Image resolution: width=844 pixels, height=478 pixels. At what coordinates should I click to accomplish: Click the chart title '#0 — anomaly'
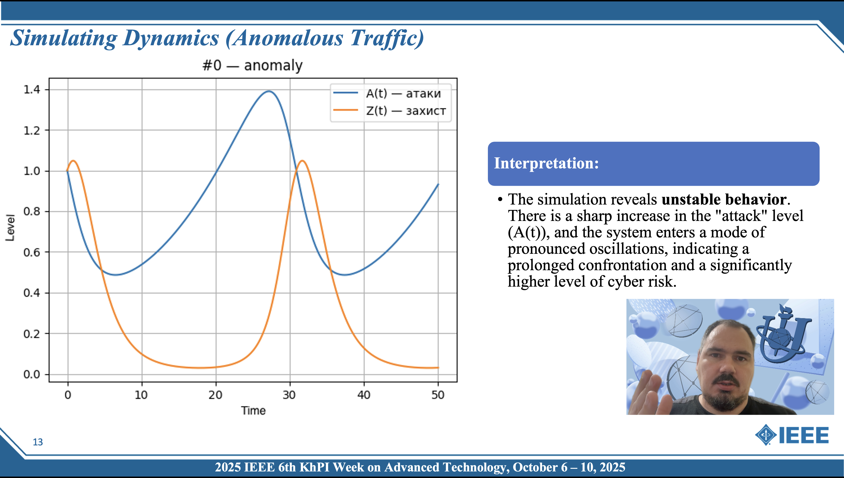click(252, 65)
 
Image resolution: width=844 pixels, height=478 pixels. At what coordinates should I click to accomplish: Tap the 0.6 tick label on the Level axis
click(32, 252)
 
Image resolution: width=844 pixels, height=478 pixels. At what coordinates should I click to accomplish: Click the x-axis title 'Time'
click(253, 411)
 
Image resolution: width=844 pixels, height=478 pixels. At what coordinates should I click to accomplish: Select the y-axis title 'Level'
click(10, 228)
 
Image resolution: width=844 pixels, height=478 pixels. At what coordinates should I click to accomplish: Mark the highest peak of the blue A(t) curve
click(269, 91)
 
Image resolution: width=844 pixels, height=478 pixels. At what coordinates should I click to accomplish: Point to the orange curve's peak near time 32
click(302, 161)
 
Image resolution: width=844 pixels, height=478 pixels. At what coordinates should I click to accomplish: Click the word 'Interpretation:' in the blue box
click(546, 163)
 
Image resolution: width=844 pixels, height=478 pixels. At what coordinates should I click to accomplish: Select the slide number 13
click(38, 442)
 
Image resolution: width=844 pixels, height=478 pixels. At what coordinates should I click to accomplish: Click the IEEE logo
click(792, 435)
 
